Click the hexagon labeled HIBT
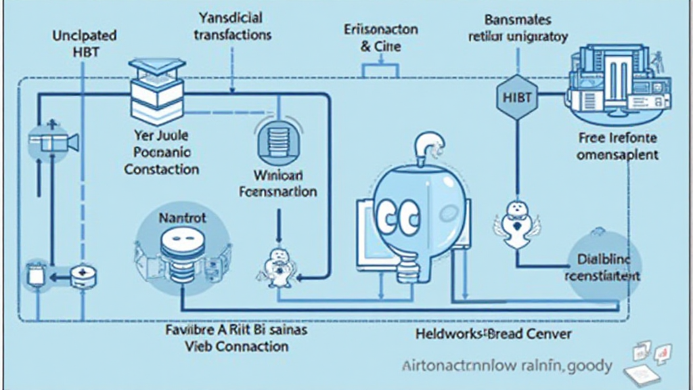point(517,97)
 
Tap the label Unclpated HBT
point(84,43)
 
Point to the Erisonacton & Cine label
point(381,39)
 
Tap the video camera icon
point(54,142)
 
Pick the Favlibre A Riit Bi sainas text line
point(236,330)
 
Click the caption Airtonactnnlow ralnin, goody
point(501,366)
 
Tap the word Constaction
point(162,169)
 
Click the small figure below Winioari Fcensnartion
point(277,264)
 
